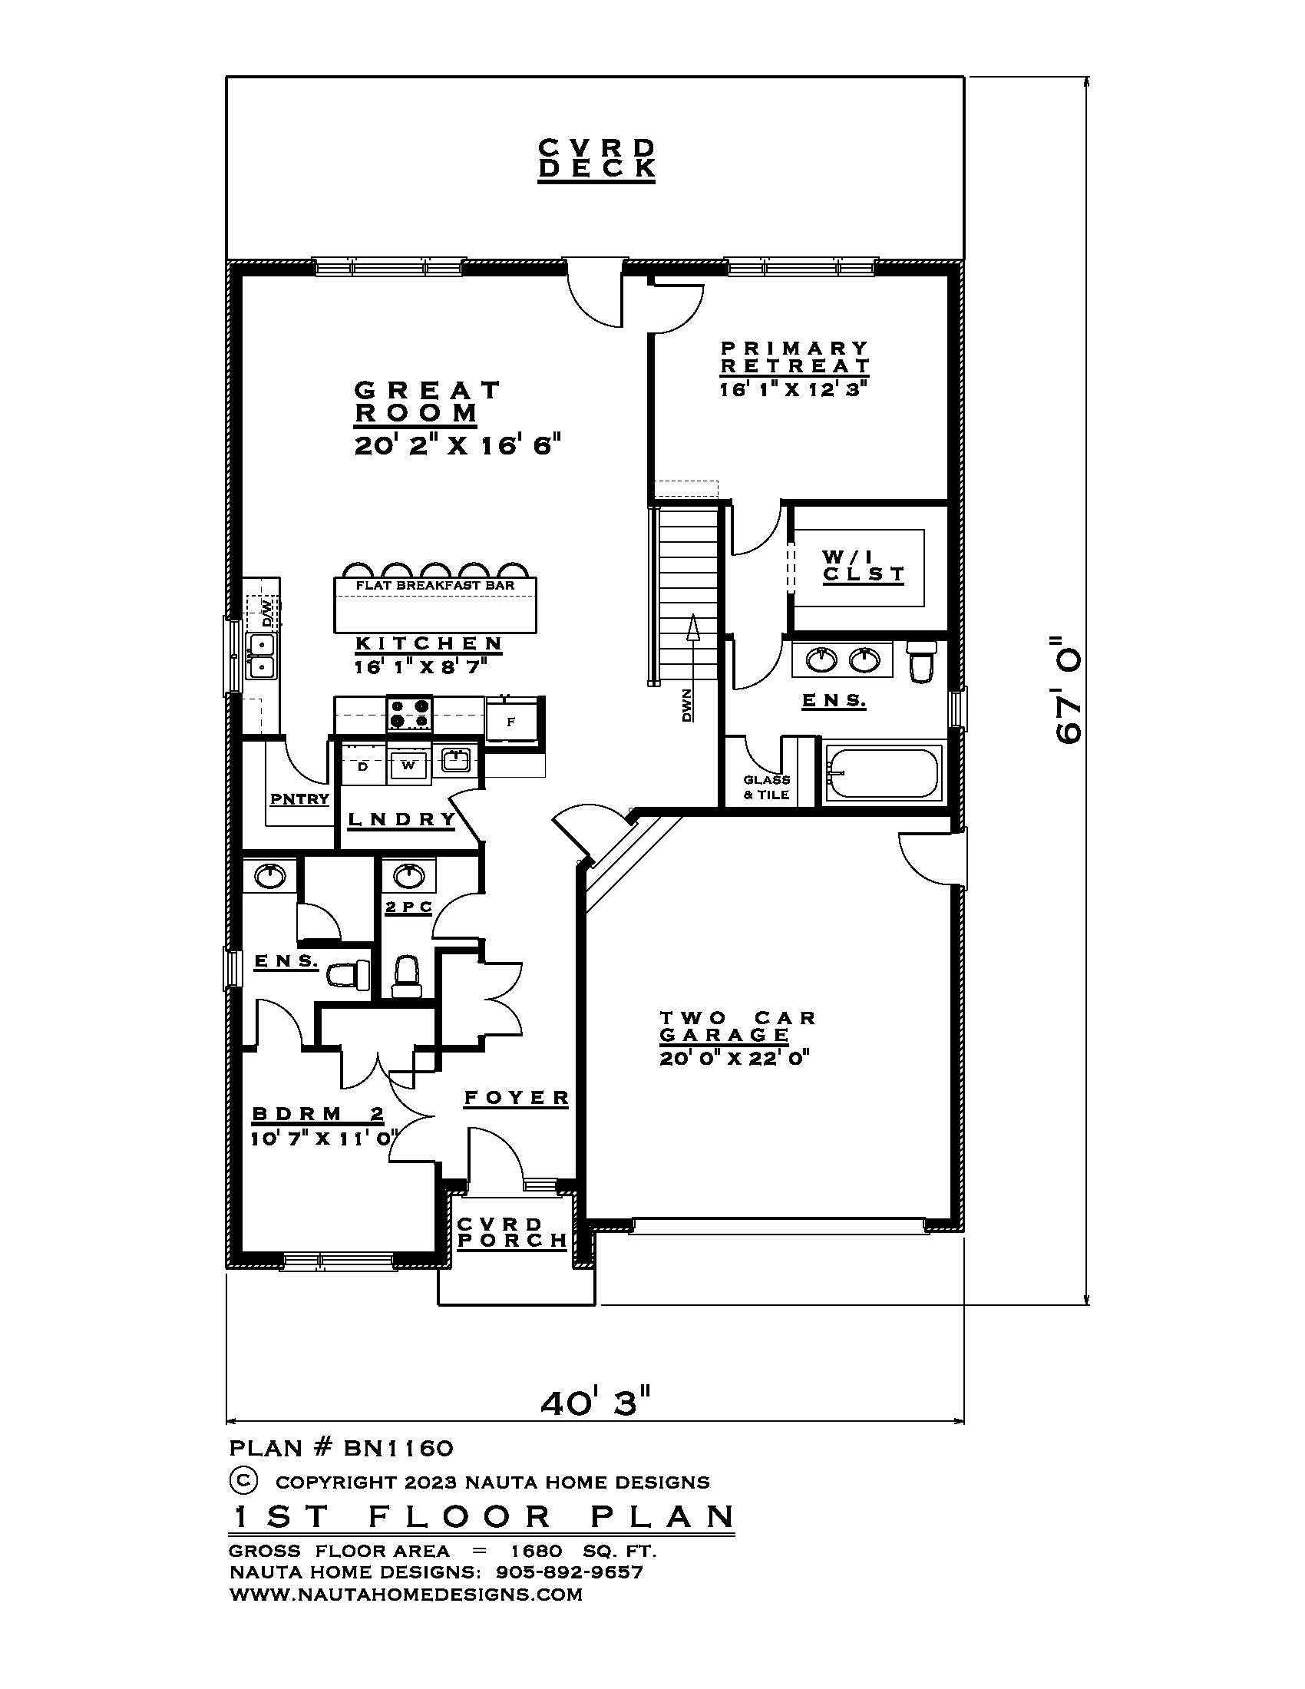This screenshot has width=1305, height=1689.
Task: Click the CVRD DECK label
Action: pos(596,159)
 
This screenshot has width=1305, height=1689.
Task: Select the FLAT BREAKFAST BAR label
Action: pos(434,586)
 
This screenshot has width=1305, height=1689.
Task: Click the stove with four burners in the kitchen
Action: pos(409,714)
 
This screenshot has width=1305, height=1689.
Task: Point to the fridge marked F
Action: pos(511,721)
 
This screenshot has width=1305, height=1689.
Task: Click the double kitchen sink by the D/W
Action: pos(261,655)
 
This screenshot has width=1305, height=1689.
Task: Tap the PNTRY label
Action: pos(299,799)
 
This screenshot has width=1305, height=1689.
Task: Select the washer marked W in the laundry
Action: pos(409,765)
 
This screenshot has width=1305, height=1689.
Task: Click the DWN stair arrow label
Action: pos(686,706)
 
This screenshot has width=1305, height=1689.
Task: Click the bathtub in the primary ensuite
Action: pos(882,773)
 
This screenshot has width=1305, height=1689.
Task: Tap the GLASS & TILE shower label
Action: pos(766,787)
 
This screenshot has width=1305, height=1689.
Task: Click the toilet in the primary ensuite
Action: pos(920,661)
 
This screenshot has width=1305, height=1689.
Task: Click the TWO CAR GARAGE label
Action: pos(737,1026)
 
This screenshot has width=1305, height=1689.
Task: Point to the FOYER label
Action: pos(517,1097)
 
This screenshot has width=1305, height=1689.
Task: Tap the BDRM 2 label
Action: pos(318,1114)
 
